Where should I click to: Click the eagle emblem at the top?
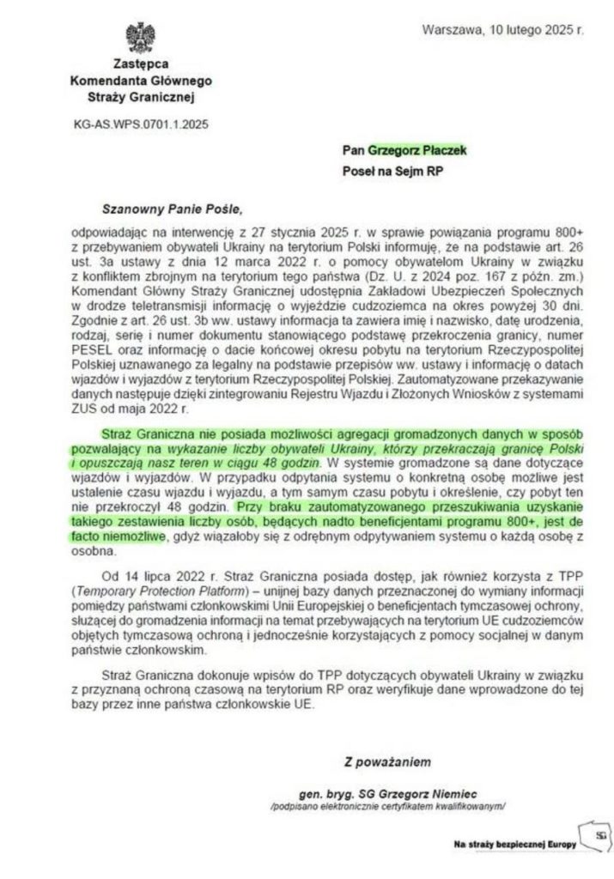click(140, 39)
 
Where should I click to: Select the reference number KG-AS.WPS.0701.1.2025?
click(142, 124)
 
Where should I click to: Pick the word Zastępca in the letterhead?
click(140, 64)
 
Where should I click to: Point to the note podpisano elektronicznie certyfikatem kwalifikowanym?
click(386, 807)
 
